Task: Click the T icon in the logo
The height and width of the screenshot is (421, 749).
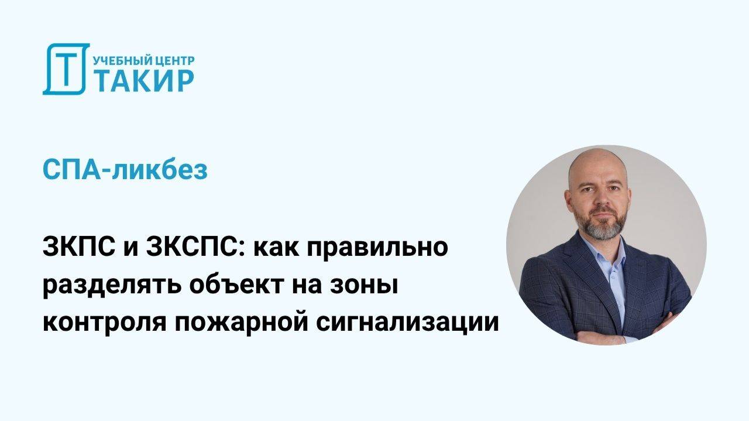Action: click(x=66, y=69)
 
